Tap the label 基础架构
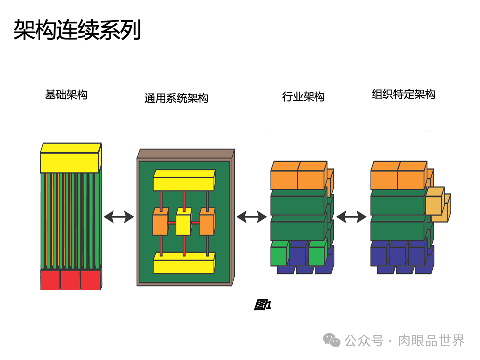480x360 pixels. (66, 95)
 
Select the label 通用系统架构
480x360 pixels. (176, 98)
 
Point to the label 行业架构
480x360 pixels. (303, 97)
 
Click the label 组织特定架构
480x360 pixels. (404, 95)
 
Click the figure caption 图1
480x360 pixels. (263, 305)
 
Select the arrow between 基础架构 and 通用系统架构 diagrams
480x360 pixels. (119, 217)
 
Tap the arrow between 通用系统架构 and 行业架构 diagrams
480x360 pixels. (251, 217)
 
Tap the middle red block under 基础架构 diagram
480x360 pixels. (70, 280)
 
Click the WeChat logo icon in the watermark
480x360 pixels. (331, 340)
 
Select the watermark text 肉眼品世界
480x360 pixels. (431, 341)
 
